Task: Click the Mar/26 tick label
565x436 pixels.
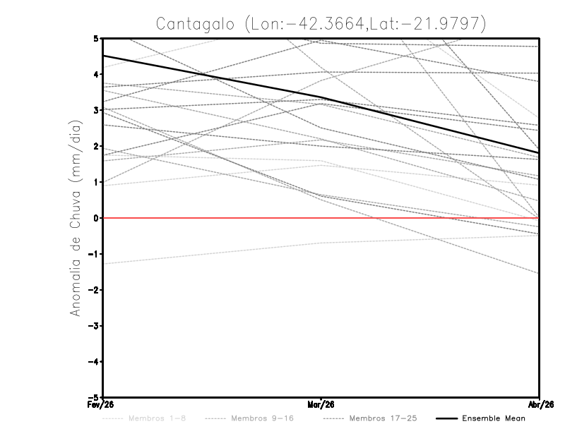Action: pyautogui.click(x=321, y=405)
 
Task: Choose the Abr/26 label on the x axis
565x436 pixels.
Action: pyautogui.click(x=540, y=405)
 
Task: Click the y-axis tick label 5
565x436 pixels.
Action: pyautogui.click(x=96, y=38)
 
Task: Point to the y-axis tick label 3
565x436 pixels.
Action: pyautogui.click(x=96, y=110)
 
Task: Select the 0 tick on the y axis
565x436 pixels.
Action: pyautogui.click(x=96, y=218)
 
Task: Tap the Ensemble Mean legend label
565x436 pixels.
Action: pyautogui.click(x=494, y=418)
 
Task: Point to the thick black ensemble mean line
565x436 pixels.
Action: pyautogui.click(x=212, y=77)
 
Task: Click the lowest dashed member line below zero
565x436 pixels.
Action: pyautogui.click(x=212, y=253)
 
